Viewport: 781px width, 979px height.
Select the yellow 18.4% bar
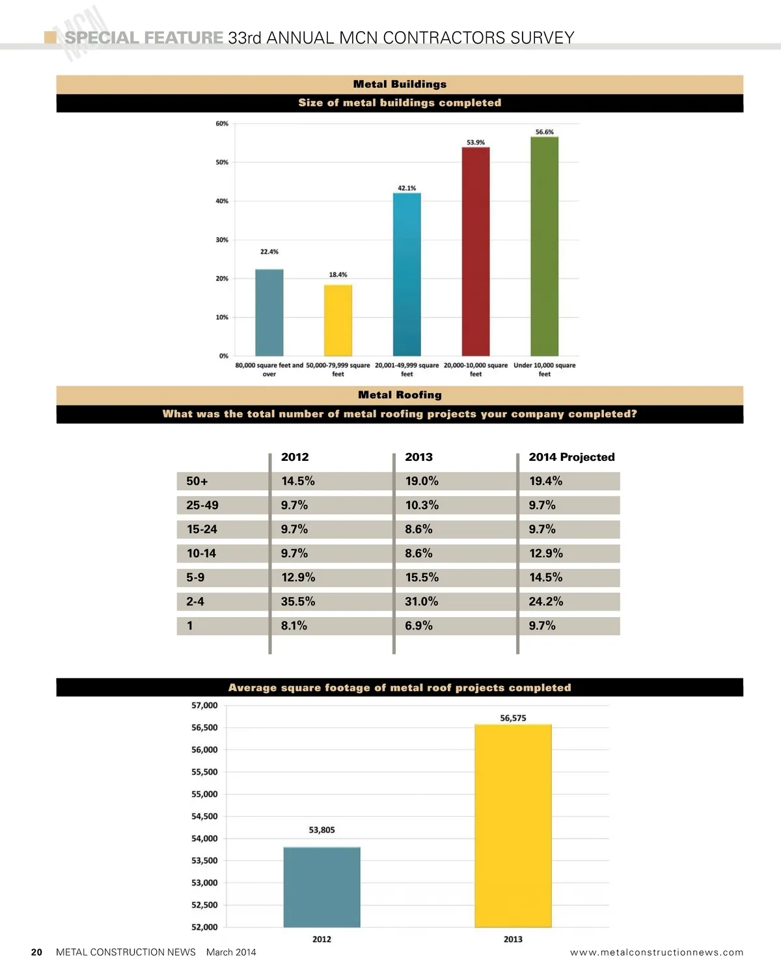338,320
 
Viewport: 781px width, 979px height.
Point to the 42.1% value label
407,188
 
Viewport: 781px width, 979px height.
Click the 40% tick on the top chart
222,201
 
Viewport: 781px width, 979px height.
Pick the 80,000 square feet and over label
269,369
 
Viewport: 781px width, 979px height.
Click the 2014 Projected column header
571,457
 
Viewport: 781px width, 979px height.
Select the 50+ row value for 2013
422,481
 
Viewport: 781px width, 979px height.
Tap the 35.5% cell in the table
298,601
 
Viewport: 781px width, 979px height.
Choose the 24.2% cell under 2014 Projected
546,601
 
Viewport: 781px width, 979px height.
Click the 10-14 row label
201,553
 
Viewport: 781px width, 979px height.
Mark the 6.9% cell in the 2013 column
418,626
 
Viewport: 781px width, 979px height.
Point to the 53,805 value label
322,830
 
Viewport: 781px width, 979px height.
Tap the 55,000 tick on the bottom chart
204,794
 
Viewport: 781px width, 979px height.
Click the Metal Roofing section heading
400,395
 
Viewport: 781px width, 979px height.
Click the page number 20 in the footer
37,952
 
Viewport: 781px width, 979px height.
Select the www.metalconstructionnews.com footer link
656,952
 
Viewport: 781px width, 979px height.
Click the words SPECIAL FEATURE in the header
144,38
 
